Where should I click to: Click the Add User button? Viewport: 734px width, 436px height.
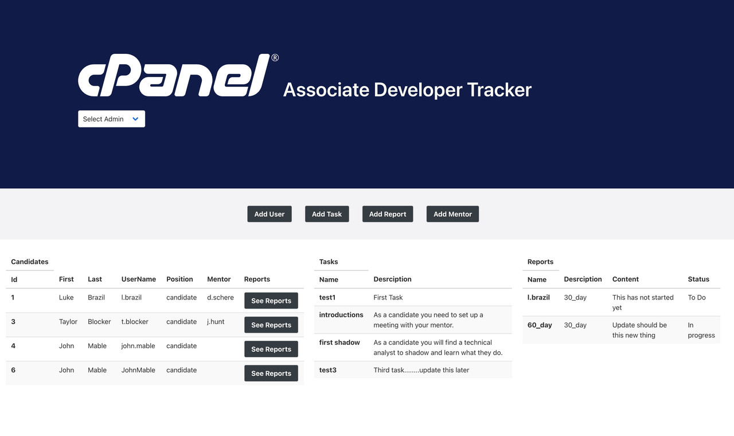pos(269,214)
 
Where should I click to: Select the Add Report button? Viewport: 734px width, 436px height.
pos(387,214)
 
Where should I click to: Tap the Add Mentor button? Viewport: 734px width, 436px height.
pos(452,214)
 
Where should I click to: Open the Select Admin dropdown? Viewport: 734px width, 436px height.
pos(111,119)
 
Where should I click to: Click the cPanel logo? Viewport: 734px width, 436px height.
pos(174,75)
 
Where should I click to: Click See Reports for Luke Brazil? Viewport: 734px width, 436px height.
pos(271,301)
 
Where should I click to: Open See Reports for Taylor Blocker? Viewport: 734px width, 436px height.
pos(271,325)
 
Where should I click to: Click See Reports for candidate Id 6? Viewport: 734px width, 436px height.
pos(271,373)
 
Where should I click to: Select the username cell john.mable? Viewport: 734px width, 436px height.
pos(138,346)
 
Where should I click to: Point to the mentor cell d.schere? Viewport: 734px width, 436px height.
pos(220,297)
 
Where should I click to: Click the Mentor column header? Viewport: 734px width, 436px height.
pos(218,279)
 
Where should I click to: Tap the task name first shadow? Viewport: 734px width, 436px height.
pos(339,342)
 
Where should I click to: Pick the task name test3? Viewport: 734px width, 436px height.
pos(328,370)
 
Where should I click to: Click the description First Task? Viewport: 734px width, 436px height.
pos(388,297)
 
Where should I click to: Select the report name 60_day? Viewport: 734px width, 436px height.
pos(540,325)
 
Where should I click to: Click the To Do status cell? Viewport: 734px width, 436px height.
pos(697,297)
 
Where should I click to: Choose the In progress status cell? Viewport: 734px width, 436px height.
pos(701,330)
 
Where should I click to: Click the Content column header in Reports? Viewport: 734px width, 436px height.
pos(625,279)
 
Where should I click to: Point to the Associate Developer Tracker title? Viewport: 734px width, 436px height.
pos(407,89)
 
